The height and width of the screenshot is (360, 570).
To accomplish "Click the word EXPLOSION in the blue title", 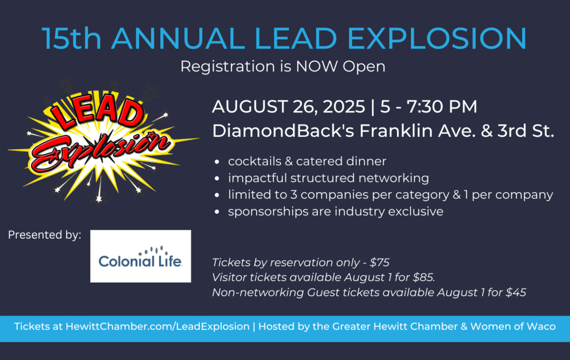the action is [437, 38].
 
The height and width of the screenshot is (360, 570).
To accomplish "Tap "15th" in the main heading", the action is [72, 38].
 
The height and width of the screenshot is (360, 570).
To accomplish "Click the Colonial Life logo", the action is [140, 256].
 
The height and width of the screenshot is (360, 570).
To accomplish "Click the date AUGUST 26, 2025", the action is [289, 107].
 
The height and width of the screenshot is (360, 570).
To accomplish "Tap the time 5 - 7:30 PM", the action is [429, 107].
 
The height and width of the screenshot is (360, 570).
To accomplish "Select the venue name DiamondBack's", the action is [283, 131].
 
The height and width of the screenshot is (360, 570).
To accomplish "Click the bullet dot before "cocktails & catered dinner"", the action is [217, 162].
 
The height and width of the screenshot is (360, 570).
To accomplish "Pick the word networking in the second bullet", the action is [394, 179].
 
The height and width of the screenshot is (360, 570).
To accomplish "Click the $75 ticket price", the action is [380, 262].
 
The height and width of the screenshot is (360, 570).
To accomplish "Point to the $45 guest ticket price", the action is [516, 293].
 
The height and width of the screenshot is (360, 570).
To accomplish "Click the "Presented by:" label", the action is [45, 235].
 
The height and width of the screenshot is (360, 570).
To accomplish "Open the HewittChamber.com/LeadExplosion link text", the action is [158, 326].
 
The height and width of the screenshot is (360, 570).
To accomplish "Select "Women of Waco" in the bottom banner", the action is [513, 326].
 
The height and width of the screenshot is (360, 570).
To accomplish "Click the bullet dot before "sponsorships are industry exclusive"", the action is [217, 212].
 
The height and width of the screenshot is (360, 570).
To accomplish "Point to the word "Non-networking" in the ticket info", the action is [258, 293].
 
